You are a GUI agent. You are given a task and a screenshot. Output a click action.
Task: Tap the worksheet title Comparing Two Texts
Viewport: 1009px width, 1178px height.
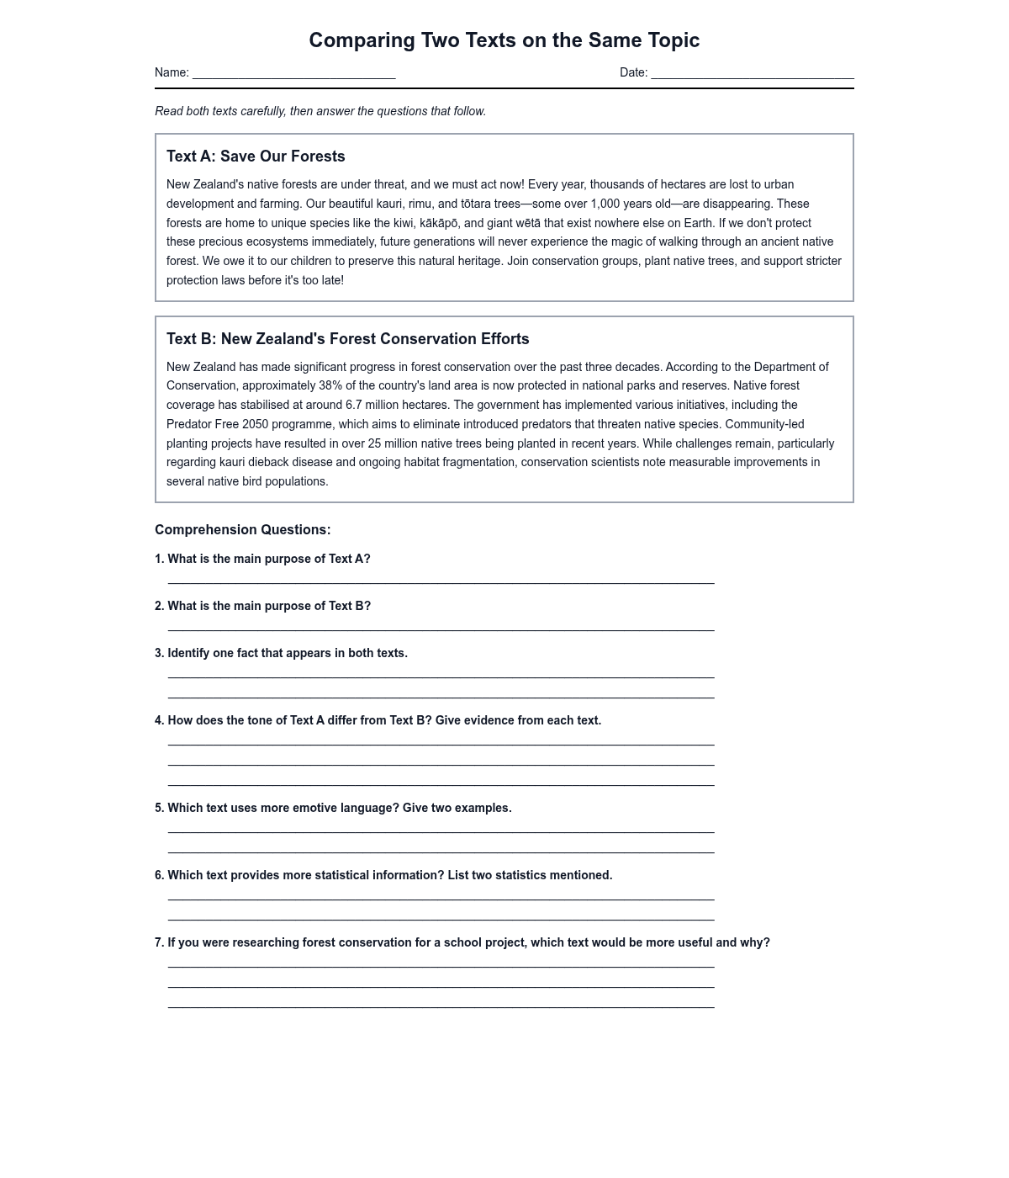[504, 40]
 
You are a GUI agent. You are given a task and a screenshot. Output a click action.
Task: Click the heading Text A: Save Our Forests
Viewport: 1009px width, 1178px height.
[256, 157]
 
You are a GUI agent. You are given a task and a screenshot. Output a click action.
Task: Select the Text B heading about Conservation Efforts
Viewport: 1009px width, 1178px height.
[347, 339]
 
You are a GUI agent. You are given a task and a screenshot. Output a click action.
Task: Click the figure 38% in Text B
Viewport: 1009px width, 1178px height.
[330, 385]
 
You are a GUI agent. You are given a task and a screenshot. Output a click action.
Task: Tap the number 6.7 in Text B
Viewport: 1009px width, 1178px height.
[354, 405]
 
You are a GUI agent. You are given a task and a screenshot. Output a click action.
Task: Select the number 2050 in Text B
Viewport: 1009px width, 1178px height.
[255, 424]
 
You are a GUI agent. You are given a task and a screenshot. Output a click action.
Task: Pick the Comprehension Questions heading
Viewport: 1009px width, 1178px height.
[242, 530]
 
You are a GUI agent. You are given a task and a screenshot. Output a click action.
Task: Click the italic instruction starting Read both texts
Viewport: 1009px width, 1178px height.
[320, 111]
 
